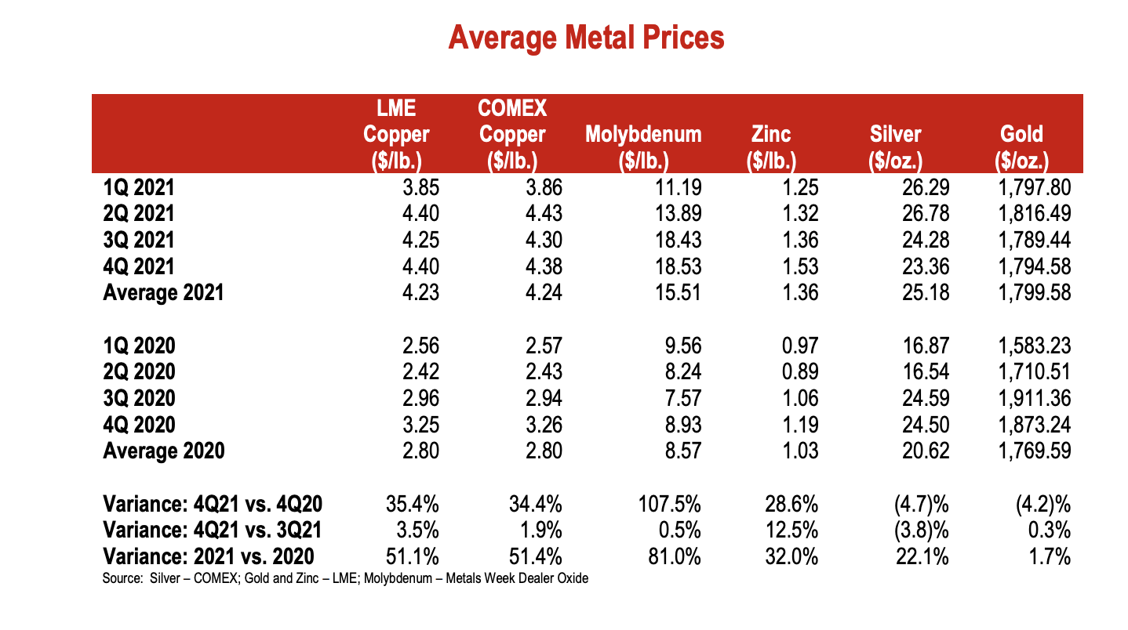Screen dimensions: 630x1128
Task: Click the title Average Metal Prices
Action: coord(586,38)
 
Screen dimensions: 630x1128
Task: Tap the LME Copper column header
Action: coord(396,134)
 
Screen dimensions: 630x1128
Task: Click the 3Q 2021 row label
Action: coord(139,240)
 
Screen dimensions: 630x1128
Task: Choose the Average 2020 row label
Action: coord(164,451)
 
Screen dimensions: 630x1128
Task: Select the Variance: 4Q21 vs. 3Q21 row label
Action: coord(213,530)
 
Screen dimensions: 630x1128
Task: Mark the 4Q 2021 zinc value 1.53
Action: coord(800,266)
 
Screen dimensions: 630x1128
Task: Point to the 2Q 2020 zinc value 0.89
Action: coord(800,371)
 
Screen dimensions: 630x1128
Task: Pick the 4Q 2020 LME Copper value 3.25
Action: coord(418,425)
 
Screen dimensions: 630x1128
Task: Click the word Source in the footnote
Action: coord(121,579)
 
